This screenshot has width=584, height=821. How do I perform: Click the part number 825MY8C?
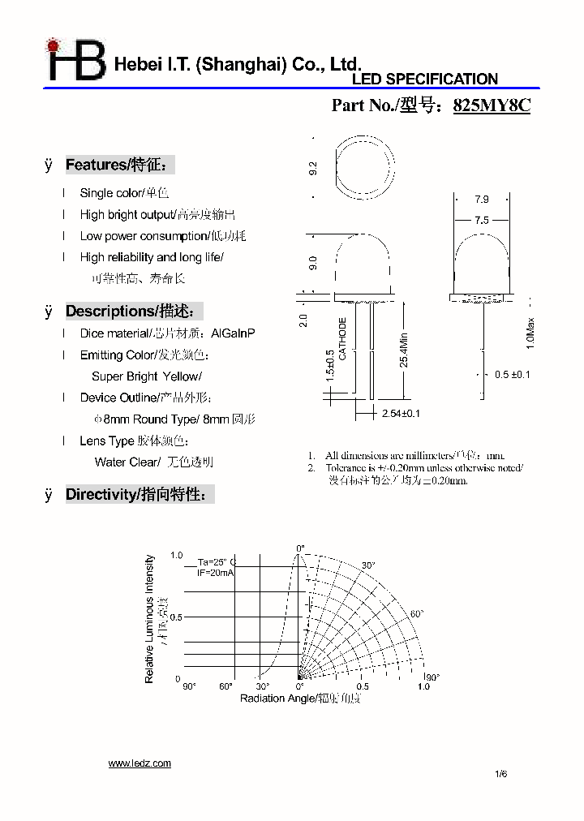491,105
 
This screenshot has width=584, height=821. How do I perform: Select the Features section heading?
119,165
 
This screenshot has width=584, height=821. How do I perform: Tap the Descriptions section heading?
133,312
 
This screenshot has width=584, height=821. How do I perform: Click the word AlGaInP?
233,333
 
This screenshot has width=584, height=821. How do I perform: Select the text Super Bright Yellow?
146,376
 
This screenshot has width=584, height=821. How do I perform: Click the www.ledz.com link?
140,763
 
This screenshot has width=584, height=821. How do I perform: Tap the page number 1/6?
500,774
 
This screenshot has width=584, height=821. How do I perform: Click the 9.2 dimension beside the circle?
313,169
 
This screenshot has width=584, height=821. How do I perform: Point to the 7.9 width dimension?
481,199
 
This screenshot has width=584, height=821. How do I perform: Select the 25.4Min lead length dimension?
403,349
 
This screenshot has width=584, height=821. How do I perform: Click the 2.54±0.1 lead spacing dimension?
401,414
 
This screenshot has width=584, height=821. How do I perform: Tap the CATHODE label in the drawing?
343,338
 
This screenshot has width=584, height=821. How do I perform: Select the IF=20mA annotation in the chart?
216,573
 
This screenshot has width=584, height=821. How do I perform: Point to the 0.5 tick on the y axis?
177,617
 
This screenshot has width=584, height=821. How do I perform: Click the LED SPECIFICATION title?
424,80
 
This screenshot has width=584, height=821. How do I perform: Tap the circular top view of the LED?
365,169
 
